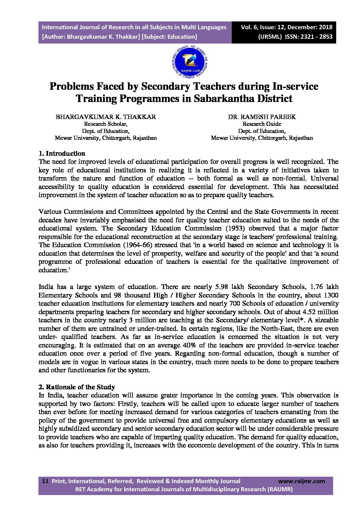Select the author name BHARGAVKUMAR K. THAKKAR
click(x=106, y=117)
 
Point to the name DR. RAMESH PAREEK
click(x=262, y=117)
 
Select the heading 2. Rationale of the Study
click(x=77, y=387)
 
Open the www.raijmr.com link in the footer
click(x=301, y=481)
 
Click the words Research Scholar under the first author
click(x=106, y=124)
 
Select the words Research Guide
click(x=262, y=124)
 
